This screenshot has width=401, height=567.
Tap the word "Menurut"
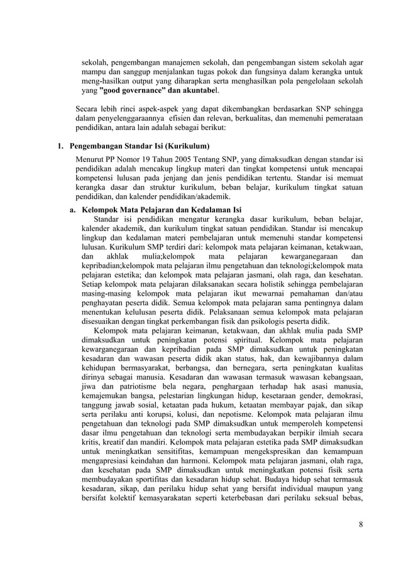point(90,158)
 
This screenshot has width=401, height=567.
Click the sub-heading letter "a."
point(74,209)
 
